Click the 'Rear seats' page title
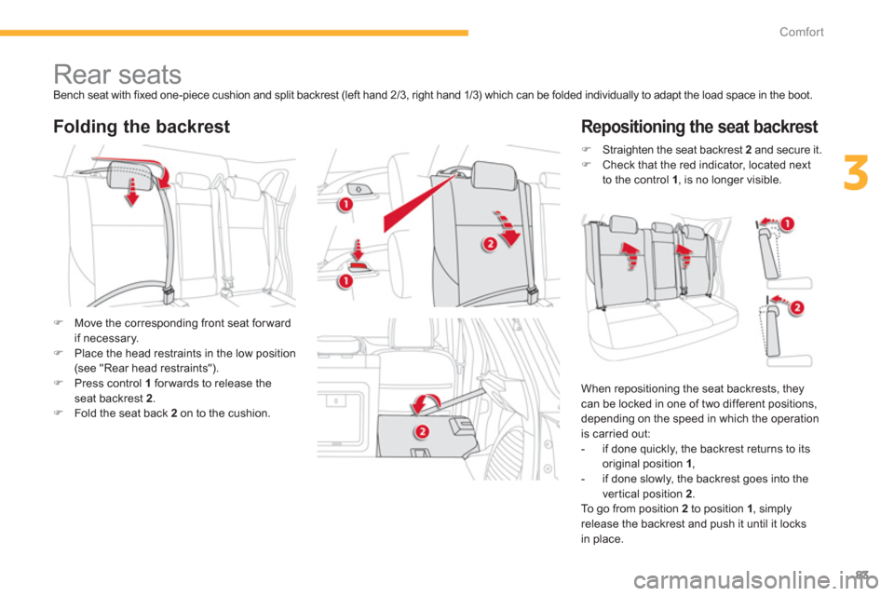[117, 74]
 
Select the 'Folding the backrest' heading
[142, 126]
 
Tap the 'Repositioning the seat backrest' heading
[699, 126]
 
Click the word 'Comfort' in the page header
[801, 32]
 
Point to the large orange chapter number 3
[856, 173]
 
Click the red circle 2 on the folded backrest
[421, 431]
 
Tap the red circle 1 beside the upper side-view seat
[786, 223]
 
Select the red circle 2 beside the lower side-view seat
[796, 308]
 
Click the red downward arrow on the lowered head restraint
[131, 191]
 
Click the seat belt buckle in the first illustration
[169, 293]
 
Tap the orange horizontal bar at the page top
[234, 34]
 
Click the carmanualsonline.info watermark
[756, 581]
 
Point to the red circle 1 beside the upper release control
[345, 205]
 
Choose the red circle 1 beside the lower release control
[345, 281]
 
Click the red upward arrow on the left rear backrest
[630, 255]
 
